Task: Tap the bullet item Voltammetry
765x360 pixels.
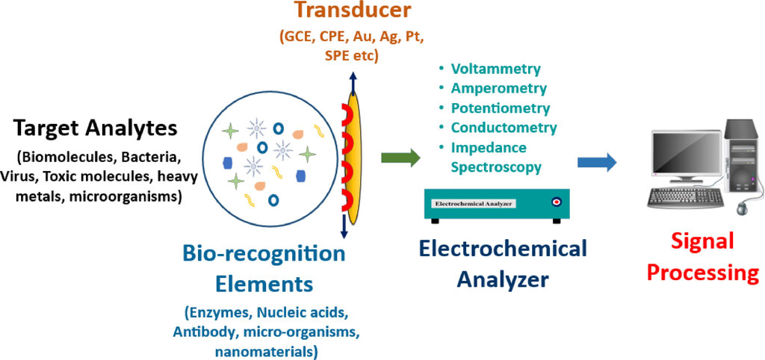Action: tap(496, 69)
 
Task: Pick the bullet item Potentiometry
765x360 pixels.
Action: tap(501, 108)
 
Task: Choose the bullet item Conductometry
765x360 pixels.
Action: tap(504, 128)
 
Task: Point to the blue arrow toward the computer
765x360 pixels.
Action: tap(597, 162)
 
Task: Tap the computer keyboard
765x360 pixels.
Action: tap(686, 197)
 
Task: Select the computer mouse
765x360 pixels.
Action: tap(743, 208)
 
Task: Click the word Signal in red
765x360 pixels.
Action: tap(702, 241)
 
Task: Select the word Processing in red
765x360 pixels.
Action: tap(703, 272)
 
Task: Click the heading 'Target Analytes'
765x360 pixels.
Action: tap(96, 128)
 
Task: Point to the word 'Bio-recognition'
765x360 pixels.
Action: tap(264, 254)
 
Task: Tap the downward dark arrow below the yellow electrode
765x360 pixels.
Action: tap(344, 227)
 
